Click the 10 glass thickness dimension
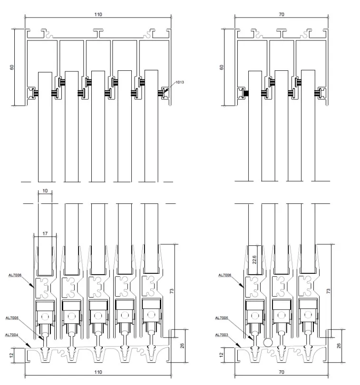[x=45, y=191]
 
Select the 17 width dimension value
[x=45, y=233]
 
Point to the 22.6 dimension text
[x=254, y=260]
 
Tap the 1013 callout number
[x=180, y=82]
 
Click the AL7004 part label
[x=11, y=335]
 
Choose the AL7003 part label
[x=222, y=335]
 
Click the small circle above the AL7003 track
[x=268, y=342]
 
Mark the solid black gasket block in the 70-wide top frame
[x=246, y=93]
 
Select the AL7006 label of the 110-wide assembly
[x=15, y=275]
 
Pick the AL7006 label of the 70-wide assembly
[x=225, y=275]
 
